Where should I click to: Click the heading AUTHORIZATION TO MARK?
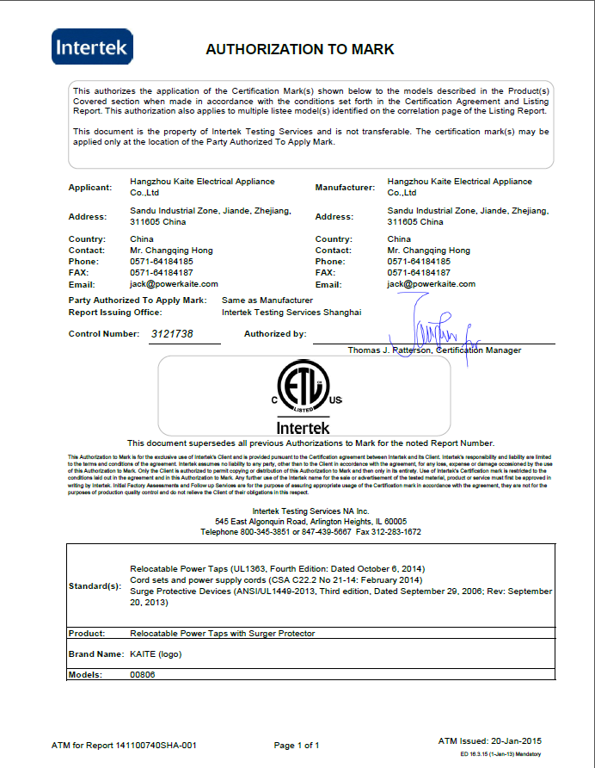coord(299,49)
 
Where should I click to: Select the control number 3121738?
coord(172,334)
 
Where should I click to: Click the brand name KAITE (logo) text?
coord(156,653)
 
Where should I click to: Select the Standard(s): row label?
coord(95,586)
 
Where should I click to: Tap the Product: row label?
coord(87,634)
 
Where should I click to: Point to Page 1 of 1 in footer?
coord(297,745)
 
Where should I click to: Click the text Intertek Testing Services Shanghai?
coord(291,313)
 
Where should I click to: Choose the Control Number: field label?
coord(103,334)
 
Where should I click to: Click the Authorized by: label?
coord(275,334)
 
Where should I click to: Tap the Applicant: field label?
coord(90,187)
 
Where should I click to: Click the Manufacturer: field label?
coord(345,187)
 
